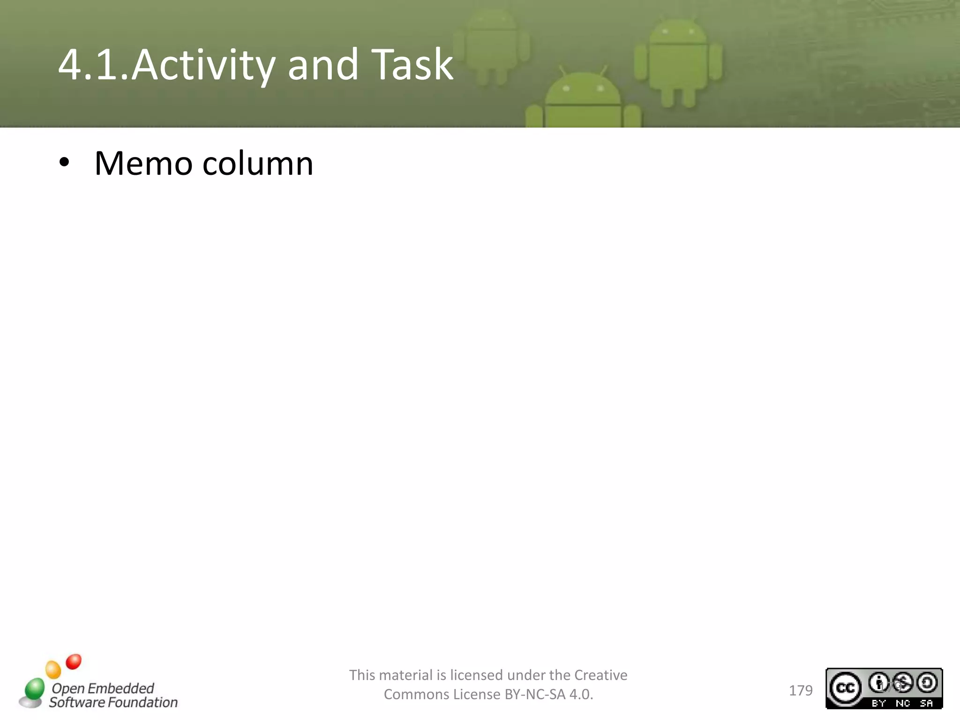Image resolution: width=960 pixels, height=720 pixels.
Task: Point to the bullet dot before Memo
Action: (x=64, y=163)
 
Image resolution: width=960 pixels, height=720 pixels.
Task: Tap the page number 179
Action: (x=801, y=690)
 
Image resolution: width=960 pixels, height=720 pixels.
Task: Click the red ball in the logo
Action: (x=74, y=661)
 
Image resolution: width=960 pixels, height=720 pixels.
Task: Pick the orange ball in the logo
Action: (x=53, y=669)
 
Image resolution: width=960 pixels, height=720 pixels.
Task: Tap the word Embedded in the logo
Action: (x=120, y=688)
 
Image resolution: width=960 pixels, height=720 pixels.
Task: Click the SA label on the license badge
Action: (x=926, y=703)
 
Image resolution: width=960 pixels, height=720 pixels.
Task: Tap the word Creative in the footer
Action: (x=600, y=675)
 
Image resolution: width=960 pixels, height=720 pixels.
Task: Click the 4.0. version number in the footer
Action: (x=581, y=694)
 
